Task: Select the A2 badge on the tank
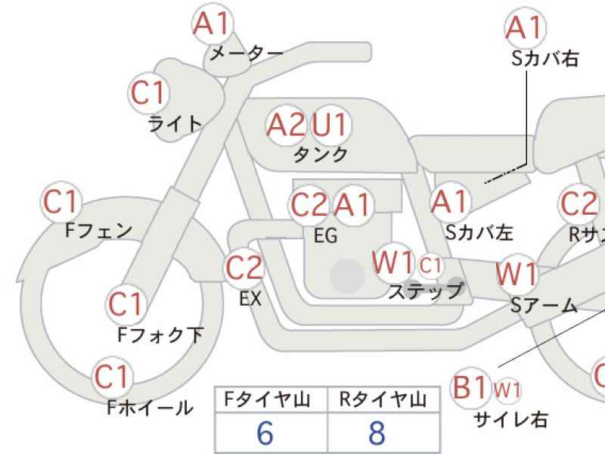pyautogui.click(x=286, y=124)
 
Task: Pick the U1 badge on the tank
pyautogui.click(x=329, y=124)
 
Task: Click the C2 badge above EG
pyautogui.click(x=309, y=204)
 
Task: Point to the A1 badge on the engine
pyautogui.click(x=353, y=204)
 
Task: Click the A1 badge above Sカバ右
pyautogui.click(x=525, y=28)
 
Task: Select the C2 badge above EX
pyautogui.click(x=244, y=268)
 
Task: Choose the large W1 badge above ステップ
pyautogui.click(x=393, y=263)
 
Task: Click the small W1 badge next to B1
pyautogui.click(x=507, y=390)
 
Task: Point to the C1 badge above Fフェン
pyautogui.click(x=60, y=202)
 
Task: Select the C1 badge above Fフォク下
pyautogui.click(x=126, y=304)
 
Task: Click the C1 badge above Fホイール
pyautogui.click(x=112, y=376)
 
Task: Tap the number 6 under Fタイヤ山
pyautogui.click(x=265, y=432)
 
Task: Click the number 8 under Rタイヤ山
pyautogui.click(x=377, y=432)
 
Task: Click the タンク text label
pyautogui.click(x=321, y=154)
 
